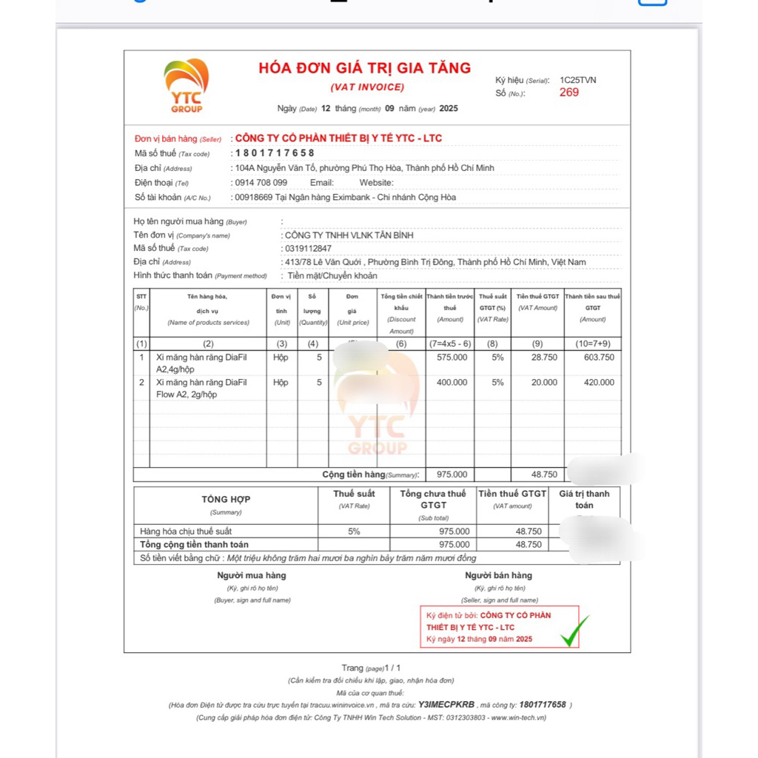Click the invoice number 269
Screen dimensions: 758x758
pos(568,93)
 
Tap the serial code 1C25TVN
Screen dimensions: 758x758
pos(577,80)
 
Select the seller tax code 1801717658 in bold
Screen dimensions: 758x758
pos(275,153)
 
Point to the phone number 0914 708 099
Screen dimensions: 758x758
pos(260,183)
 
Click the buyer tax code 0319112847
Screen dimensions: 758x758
pos(308,249)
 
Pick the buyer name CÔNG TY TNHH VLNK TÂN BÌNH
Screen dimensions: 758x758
pos(349,235)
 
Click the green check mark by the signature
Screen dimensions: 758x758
pos(575,630)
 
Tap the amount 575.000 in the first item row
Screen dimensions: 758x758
pos(452,358)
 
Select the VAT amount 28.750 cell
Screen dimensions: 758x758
pos(544,358)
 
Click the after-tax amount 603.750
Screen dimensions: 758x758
pos(599,358)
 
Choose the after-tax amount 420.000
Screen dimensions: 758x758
pos(599,383)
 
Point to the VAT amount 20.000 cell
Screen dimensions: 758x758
pos(544,383)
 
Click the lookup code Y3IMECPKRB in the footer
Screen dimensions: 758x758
pos(446,705)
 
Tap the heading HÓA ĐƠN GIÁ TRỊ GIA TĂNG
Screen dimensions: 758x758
pos(364,68)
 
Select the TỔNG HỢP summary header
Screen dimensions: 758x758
pos(226,500)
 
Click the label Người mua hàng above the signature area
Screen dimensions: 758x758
pos(251,575)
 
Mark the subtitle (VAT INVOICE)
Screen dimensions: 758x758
pos(367,87)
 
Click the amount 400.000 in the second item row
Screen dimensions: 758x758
pos(452,383)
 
